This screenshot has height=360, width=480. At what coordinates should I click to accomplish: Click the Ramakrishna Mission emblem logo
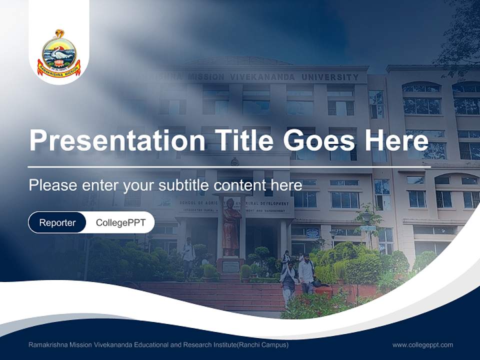[59, 54]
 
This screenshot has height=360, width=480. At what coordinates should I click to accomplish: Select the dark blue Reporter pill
[57, 222]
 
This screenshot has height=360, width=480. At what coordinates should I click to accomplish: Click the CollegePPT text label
[120, 222]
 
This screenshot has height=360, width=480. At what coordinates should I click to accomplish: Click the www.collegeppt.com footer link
[422, 344]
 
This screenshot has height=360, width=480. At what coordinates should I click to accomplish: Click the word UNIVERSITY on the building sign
[329, 77]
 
